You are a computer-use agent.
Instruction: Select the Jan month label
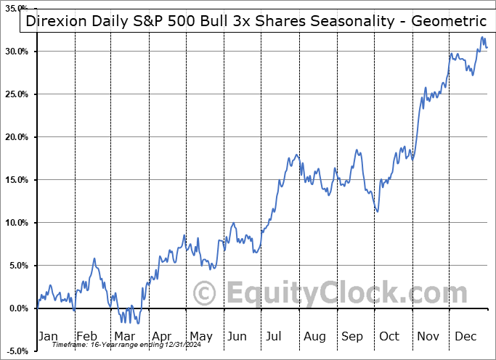(x=47, y=336)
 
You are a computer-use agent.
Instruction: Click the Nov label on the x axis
(x=428, y=336)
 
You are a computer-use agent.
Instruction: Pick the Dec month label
(x=465, y=336)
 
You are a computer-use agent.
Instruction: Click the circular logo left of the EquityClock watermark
(x=206, y=293)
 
